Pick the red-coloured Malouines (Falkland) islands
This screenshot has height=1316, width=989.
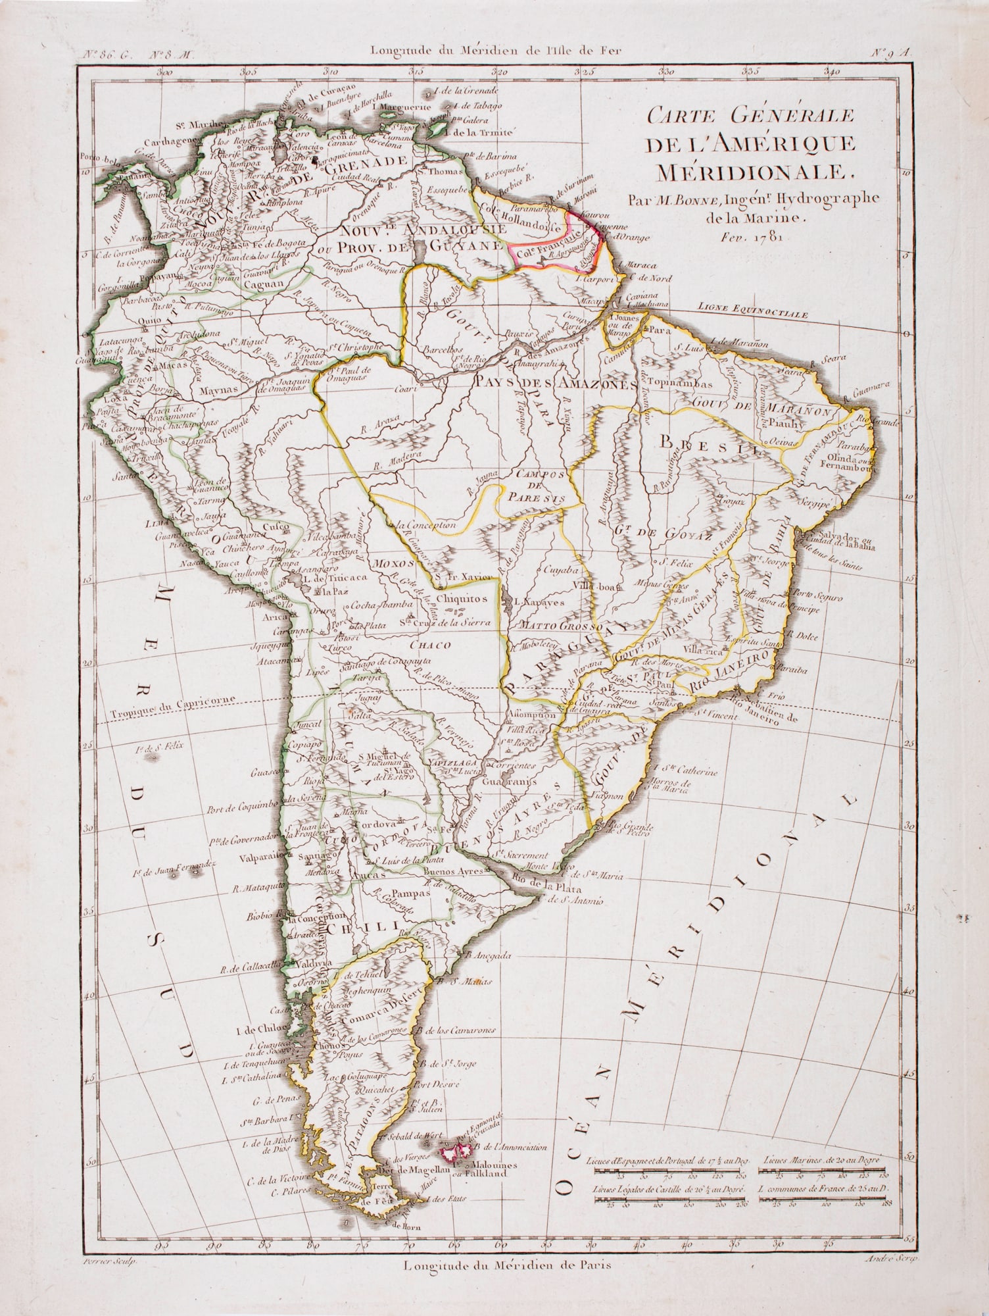457,1151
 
